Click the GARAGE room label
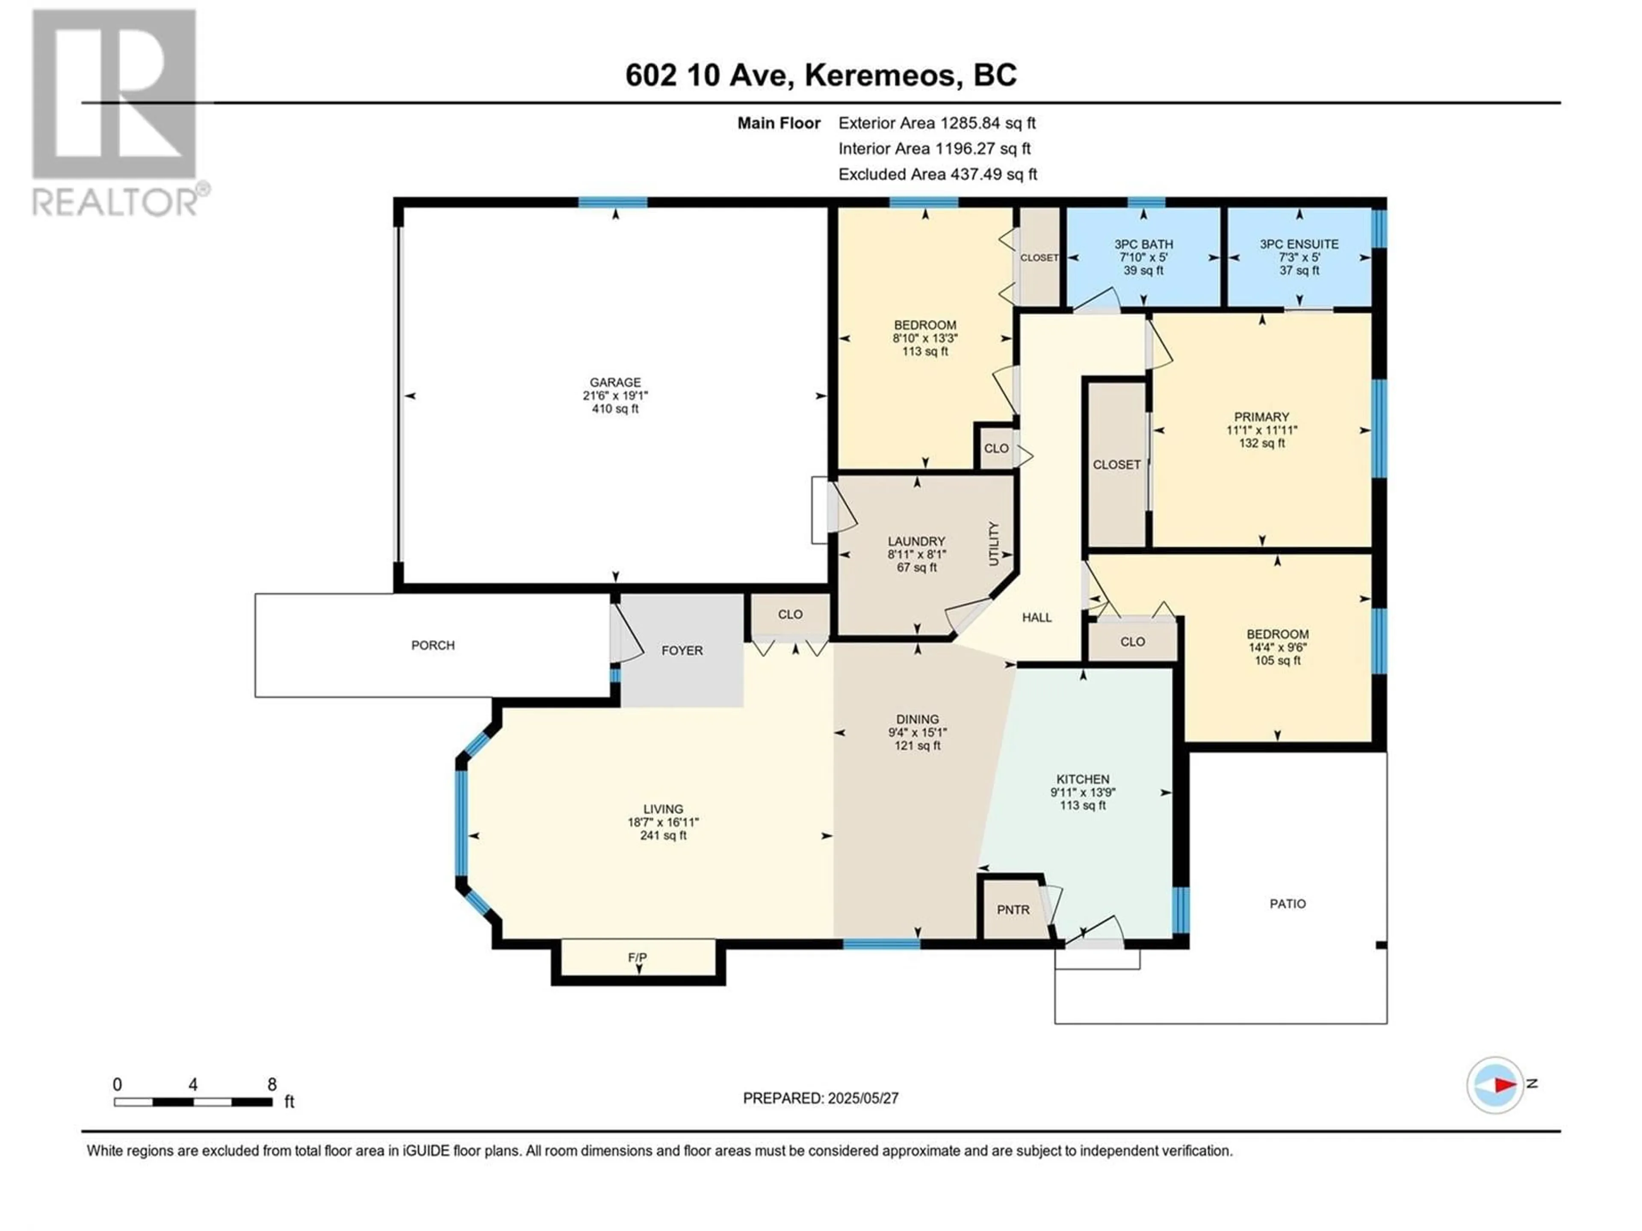(615, 383)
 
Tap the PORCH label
(433, 645)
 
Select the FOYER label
(682, 651)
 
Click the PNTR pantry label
(1013, 910)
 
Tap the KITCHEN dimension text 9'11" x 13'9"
(1083, 792)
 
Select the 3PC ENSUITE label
(1299, 244)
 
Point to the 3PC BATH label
(1143, 244)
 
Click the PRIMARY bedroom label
(1262, 417)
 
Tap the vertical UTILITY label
(994, 544)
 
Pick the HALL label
(1037, 617)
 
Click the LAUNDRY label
(917, 542)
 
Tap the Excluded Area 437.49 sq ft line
(938, 174)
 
